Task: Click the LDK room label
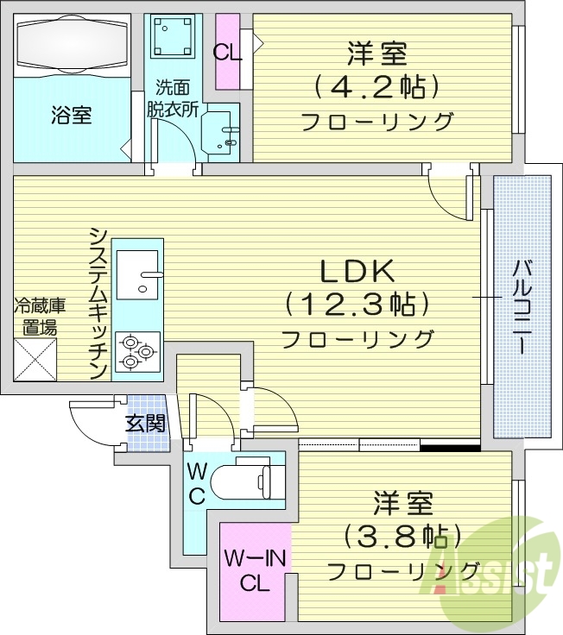pyautogui.click(x=357, y=271)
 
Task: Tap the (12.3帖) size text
pyautogui.click(x=357, y=304)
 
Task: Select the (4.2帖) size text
pyautogui.click(x=377, y=86)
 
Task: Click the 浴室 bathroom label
pyautogui.click(x=71, y=115)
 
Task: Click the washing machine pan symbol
pyautogui.click(x=172, y=37)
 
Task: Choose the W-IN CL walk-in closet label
pyautogui.click(x=255, y=569)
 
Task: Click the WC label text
pyautogui.click(x=196, y=484)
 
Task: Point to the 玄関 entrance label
pyautogui.click(x=145, y=423)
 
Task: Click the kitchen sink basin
pyautogui.click(x=137, y=272)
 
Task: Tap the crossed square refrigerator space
pyautogui.click(x=35, y=359)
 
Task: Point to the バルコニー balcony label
pyautogui.click(x=521, y=306)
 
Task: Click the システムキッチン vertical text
pyautogui.click(x=98, y=302)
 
